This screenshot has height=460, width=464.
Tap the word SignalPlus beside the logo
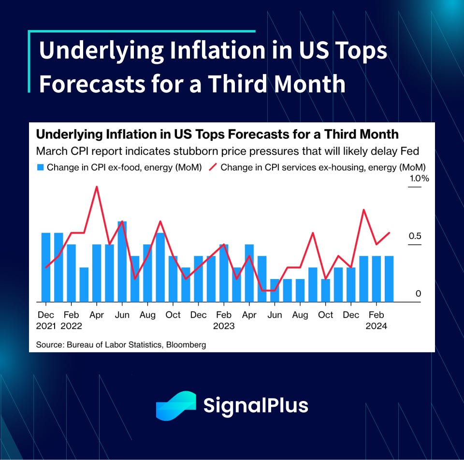255,405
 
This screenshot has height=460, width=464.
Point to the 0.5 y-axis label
415,236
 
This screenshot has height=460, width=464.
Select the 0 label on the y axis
419,294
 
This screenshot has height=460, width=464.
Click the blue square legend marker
41,168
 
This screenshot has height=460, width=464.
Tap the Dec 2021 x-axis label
46,320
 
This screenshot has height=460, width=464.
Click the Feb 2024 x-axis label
376,320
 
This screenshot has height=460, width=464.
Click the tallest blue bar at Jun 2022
122,261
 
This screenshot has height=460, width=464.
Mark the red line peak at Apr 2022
97,187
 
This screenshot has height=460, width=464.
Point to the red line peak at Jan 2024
363,210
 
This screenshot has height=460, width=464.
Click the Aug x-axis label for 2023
300,315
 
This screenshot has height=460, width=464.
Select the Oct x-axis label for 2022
173,315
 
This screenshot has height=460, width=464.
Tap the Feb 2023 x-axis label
224,320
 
